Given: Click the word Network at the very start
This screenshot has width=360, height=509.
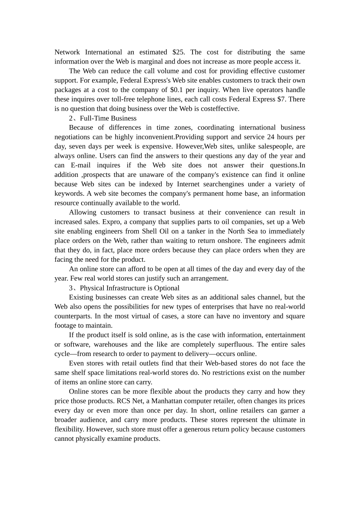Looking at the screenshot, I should [x=67, y=52].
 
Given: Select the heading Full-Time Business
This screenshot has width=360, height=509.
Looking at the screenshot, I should [x=108, y=118].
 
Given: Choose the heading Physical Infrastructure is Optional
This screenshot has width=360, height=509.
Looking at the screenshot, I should [x=129, y=288].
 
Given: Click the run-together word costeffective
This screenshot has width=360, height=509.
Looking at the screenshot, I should [x=222, y=109].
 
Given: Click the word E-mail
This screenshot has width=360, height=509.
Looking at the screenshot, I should [x=80, y=166].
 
